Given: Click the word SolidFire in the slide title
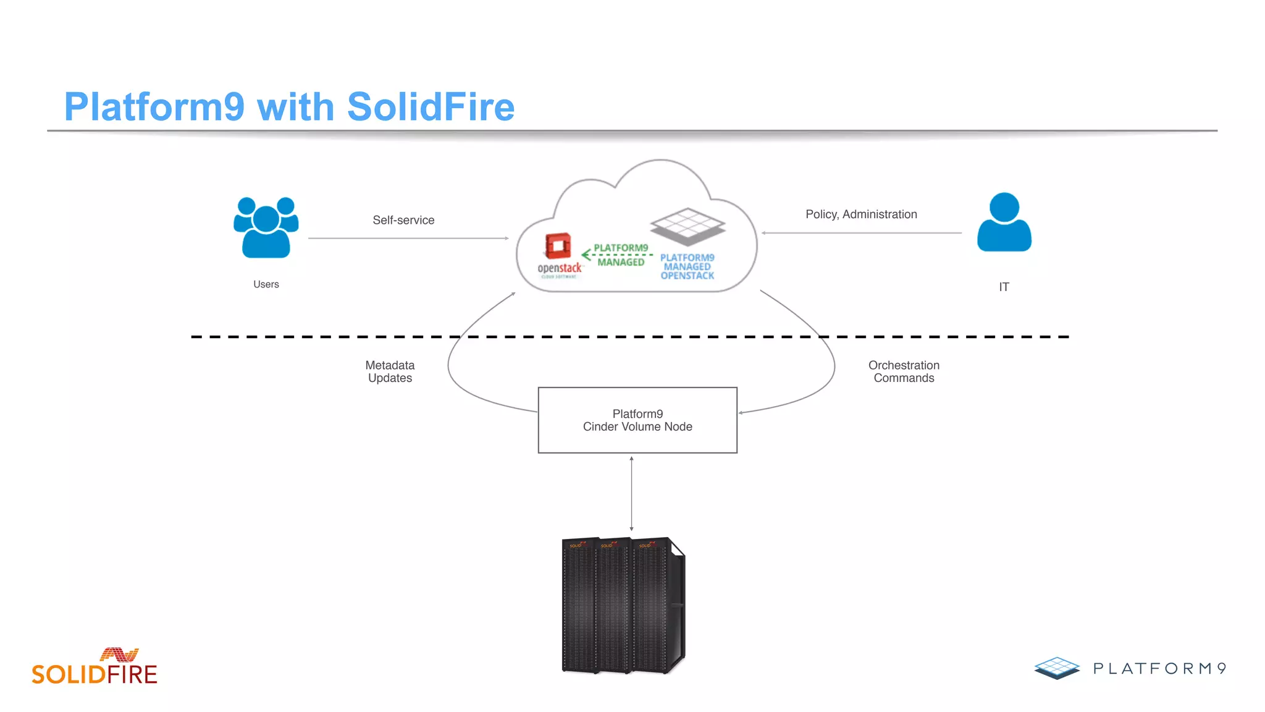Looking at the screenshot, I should (x=431, y=106).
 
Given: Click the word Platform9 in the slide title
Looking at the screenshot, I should (x=154, y=106).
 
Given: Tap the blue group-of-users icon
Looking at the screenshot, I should (x=266, y=227).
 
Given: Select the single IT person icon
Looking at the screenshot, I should (x=1004, y=222).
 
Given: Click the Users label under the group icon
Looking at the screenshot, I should (x=266, y=284).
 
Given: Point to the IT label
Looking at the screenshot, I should (x=1004, y=287).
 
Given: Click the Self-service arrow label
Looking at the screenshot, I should (x=403, y=220).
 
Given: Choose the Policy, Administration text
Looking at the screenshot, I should (x=861, y=214).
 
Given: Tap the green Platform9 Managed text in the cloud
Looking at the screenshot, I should (x=621, y=255).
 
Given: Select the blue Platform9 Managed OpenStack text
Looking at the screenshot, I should (x=687, y=266).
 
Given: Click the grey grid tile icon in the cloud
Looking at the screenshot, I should (x=687, y=226).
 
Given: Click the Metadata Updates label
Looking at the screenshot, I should (x=390, y=371).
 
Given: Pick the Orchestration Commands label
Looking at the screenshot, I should (x=904, y=371).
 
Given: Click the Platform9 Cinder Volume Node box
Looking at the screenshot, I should (x=637, y=420).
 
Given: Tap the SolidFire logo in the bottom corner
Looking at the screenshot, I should (x=95, y=667).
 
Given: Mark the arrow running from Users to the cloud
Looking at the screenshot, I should (x=408, y=238).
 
